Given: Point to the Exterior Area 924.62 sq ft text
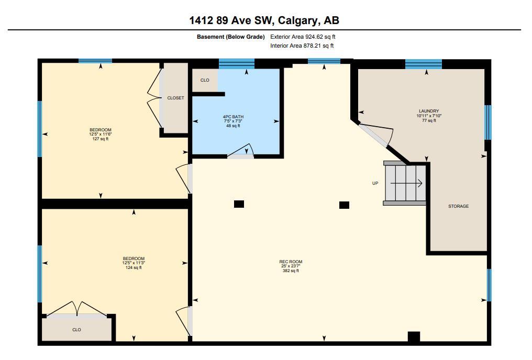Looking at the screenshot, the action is (x=303, y=37).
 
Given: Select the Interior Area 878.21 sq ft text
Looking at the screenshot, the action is (x=302, y=46).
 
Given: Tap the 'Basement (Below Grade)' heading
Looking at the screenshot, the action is (x=231, y=37).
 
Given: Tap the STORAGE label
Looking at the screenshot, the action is (x=458, y=206).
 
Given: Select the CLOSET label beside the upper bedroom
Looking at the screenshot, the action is (x=175, y=98).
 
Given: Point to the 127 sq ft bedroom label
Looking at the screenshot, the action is (x=101, y=134).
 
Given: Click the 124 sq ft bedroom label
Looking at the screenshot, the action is (x=134, y=263).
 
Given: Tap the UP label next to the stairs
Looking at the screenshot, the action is (x=375, y=183).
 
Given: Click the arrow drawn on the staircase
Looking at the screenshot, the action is (x=406, y=183).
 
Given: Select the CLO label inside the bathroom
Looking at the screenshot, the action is (x=205, y=81).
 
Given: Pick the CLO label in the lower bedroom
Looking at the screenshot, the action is (x=76, y=330).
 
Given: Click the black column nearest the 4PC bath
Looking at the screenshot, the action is (x=239, y=204).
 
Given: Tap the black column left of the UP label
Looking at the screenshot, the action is (x=344, y=205).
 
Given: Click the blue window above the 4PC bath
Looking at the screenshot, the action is (x=237, y=64).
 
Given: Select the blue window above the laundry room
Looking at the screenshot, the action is (x=424, y=64).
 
